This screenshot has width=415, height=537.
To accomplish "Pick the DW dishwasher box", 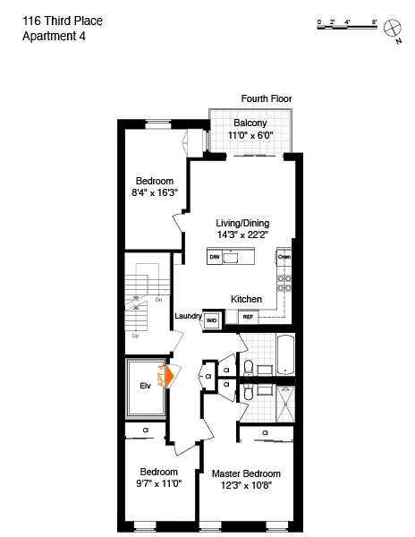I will point(215,258).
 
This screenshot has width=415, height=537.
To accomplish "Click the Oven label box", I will point(284,258).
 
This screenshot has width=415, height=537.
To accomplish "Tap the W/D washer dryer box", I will point(213,320).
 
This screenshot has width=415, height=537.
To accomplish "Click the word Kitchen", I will point(246,299).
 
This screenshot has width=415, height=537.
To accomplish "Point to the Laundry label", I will point(188,316).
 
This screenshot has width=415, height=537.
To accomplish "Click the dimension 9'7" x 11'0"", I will point(157,483).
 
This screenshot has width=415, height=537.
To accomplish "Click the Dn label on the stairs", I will point(158,300).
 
